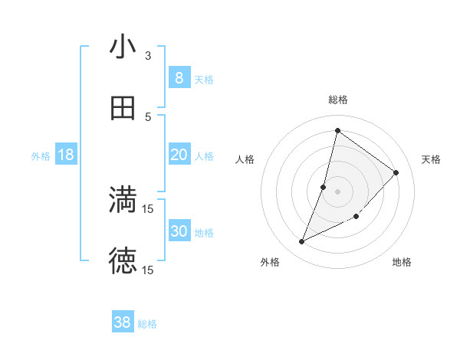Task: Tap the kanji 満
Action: click(123, 200)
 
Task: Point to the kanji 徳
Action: click(123, 261)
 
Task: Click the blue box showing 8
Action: click(179, 77)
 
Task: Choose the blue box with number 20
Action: click(179, 155)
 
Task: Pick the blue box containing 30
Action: click(179, 231)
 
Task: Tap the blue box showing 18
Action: click(66, 155)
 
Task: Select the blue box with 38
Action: click(123, 322)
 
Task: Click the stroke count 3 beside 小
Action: click(149, 55)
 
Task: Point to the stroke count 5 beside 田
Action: click(149, 116)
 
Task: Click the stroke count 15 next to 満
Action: click(149, 208)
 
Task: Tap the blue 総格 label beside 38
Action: click(147, 324)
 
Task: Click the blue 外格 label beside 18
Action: click(41, 156)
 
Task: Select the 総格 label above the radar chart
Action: click(338, 100)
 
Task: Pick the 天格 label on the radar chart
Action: click(431, 159)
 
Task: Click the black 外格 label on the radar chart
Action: click(270, 262)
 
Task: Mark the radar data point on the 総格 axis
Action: click(337, 130)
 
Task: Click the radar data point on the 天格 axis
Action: click(396, 172)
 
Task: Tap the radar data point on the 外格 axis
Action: click(302, 242)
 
